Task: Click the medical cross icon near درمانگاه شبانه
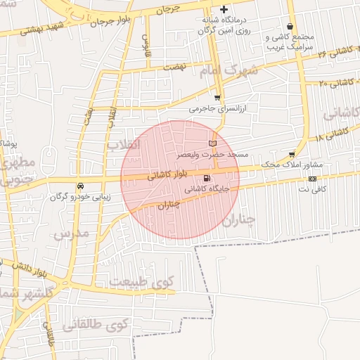coord(224,10)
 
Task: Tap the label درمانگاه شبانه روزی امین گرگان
coord(224,26)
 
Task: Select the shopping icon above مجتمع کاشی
coord(289,26)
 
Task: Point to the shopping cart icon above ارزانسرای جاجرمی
coord(217,98)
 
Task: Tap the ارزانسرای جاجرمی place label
coord(215,110)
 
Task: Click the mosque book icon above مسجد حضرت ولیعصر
coord(213,143)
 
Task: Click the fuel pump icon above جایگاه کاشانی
coord(206,178)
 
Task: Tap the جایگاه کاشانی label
coord(207,189)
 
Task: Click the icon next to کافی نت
coord(312,179)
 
